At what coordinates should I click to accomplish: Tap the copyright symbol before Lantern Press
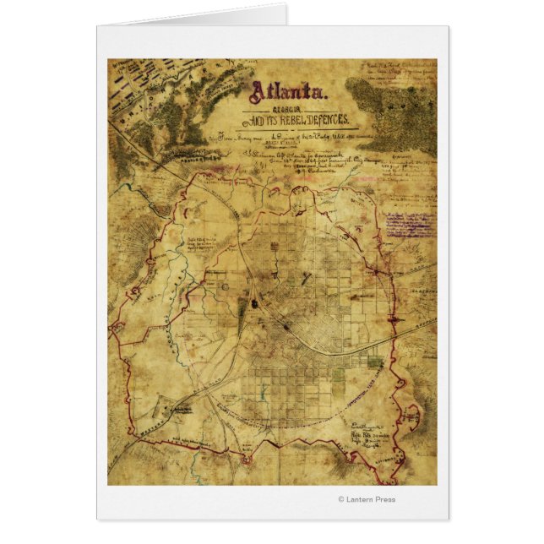click(341, 498)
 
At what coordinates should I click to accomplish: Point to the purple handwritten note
click(409, 223)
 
